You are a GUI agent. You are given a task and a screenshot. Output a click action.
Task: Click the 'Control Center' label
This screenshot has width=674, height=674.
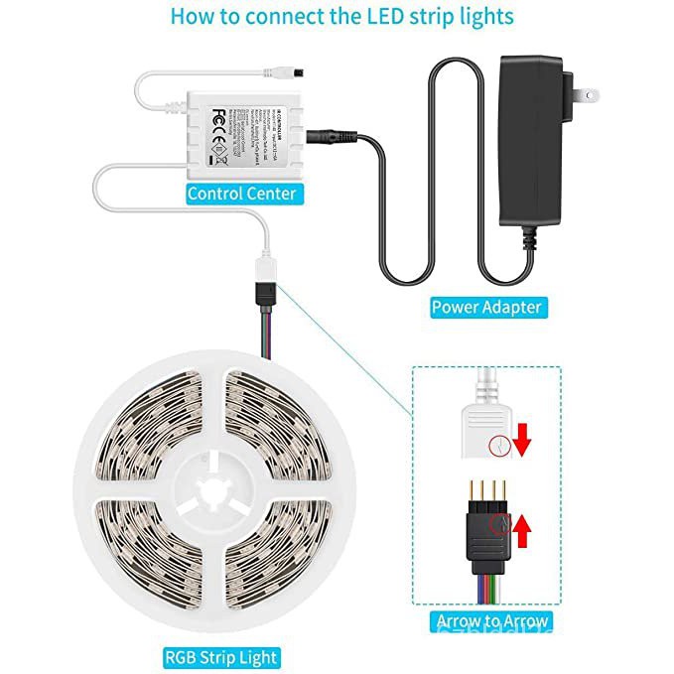[241, 193]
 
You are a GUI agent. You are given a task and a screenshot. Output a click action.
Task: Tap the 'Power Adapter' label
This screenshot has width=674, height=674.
[486, 308]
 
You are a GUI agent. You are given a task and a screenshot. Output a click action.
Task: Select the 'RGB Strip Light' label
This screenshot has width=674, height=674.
[220, 656]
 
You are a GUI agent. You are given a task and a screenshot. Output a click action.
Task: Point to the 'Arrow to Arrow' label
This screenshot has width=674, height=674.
[492, 622]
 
